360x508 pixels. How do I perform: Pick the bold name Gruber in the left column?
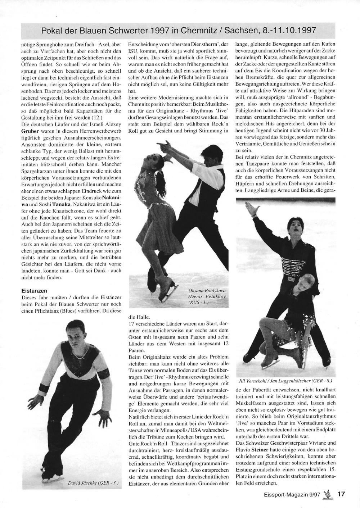tap(26, 132)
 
